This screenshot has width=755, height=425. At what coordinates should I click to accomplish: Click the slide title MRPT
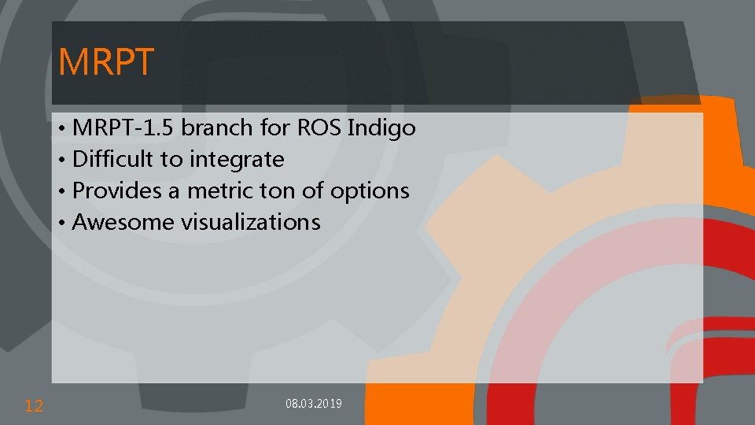click(106, 62)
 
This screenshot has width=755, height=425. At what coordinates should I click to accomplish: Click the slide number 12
click(34, 406)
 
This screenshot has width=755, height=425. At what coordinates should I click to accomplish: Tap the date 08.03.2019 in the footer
click(313, 404)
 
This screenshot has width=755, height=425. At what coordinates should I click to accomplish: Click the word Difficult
click(113, 159)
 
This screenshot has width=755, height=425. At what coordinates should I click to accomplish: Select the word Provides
click(115, 190)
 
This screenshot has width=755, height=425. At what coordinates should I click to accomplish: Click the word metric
click(217, 190)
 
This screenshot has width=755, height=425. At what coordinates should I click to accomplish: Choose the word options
click(370, 191)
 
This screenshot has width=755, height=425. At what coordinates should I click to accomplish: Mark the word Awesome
click(123, 222)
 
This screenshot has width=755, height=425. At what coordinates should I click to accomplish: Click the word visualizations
click(251, 222)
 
